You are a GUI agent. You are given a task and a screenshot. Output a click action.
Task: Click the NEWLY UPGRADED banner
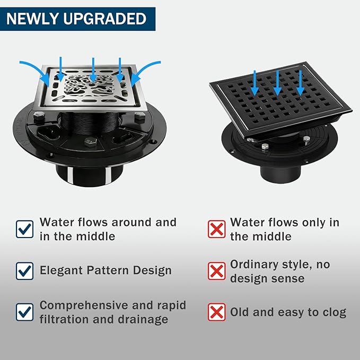coord(77,19)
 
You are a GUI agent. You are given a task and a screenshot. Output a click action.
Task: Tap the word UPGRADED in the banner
coord(104,19)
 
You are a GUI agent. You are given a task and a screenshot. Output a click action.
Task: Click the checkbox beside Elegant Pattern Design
coord(24,271)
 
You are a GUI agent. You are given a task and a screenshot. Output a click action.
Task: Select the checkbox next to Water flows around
coord(24,229)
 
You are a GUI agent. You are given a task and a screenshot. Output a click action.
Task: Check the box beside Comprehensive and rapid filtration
coord(24,312)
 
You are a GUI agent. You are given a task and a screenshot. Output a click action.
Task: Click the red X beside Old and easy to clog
coord(216,312)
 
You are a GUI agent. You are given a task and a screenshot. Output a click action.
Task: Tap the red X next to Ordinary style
coord(216,271)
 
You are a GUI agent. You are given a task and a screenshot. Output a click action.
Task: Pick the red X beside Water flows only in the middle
coord(216,229)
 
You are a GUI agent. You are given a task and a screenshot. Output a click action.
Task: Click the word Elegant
coord(61,271)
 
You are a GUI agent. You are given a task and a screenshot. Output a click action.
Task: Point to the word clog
coord(335,313)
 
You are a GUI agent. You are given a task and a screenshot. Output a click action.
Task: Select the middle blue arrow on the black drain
coord(278,83)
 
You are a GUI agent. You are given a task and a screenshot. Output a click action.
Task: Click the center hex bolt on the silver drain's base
coord(90,142)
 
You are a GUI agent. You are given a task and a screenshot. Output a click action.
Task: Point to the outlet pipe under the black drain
coord(280,174)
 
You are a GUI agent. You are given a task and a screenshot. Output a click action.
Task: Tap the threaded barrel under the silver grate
coord(90,124)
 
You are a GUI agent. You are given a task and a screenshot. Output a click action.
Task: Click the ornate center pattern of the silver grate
coord(90,85)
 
